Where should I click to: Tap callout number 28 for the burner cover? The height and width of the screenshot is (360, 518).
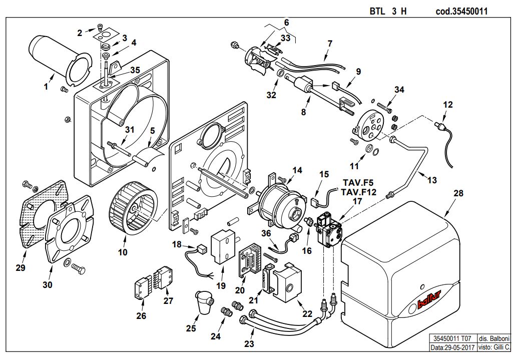(458, 193)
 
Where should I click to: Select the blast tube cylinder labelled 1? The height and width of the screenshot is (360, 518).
(60, 61)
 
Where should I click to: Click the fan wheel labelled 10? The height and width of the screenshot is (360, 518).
(133, 205)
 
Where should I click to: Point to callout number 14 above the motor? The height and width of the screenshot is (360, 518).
(297, 170)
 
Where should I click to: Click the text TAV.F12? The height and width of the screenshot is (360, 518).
(359, 192)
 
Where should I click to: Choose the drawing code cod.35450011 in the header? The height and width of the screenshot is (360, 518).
(461, 11)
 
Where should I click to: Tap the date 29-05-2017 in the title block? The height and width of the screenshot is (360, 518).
(459, 347)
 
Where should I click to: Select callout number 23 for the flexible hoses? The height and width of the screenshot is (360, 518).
(249, 344)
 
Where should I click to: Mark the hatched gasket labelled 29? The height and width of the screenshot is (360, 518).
(45, 214)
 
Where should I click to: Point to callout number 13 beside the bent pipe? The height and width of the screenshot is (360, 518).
(432, 180)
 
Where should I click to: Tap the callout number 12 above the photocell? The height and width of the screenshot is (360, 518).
(447, 105)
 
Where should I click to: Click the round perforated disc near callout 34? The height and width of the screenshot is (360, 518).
(370, 125)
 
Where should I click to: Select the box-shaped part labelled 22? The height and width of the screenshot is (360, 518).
(287, 283)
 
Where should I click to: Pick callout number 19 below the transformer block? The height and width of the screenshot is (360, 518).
(221, 285)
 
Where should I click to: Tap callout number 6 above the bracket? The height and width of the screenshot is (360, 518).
(286, 23)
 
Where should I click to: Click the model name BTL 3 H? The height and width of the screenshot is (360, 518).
(388, 11)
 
